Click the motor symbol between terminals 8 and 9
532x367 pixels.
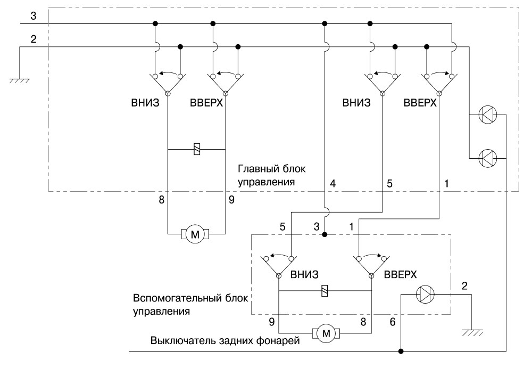195,234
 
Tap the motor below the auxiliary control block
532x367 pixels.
326,333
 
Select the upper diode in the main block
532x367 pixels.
487,115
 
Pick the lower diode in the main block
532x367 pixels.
487,158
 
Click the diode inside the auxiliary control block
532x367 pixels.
425,294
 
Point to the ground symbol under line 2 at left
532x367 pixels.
19,80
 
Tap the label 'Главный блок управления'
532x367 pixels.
271,175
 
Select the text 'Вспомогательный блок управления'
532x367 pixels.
190,305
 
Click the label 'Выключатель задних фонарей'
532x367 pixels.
225,340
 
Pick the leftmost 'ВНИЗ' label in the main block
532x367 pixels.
145,103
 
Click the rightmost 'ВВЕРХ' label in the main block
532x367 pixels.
420,103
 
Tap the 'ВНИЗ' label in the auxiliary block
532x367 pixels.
304,274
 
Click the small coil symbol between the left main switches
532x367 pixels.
197,149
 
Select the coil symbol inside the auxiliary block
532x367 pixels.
325,291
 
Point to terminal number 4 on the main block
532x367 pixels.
333,183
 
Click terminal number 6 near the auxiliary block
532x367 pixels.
393,322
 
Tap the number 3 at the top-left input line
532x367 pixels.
33,15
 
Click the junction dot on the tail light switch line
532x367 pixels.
401,351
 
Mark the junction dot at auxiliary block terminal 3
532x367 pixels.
325,234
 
